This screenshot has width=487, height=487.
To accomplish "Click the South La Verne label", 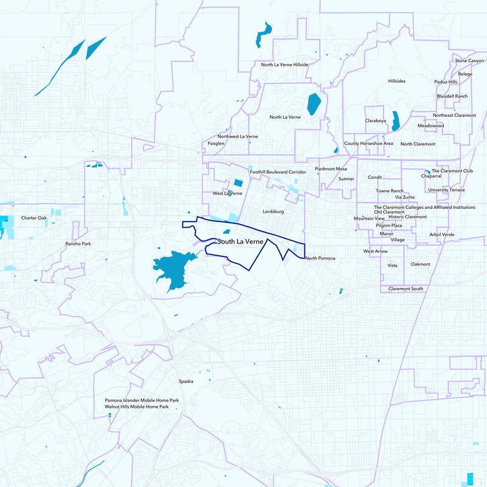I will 240,242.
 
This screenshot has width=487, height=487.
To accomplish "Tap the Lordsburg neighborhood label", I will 273,211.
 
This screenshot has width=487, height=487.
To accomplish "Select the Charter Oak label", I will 33,217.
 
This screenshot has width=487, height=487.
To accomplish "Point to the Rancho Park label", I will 77,243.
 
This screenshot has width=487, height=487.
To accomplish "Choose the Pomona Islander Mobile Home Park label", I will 142,400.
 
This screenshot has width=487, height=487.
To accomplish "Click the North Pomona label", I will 320,258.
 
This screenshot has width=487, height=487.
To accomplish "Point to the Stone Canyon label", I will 469,61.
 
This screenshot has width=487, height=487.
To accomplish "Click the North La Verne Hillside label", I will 285,65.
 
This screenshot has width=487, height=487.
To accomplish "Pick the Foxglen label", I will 216,144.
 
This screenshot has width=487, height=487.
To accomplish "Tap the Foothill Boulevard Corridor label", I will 278,172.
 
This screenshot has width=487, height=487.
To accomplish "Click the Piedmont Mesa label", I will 331,169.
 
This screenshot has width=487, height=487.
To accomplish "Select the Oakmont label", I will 421,264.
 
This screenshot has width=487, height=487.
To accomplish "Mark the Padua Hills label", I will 446,82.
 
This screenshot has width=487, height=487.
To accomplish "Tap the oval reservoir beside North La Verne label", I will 314,104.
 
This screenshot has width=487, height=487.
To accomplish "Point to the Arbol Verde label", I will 442,234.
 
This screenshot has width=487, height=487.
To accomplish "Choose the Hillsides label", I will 396,81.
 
